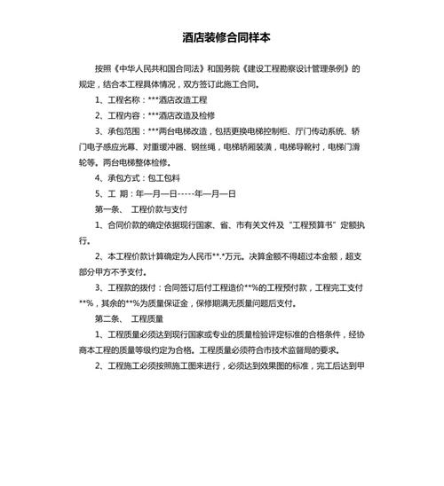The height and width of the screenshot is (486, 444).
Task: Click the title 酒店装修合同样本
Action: tap(221, 38)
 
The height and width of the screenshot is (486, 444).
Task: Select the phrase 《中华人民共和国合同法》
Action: tap(159, 68)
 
